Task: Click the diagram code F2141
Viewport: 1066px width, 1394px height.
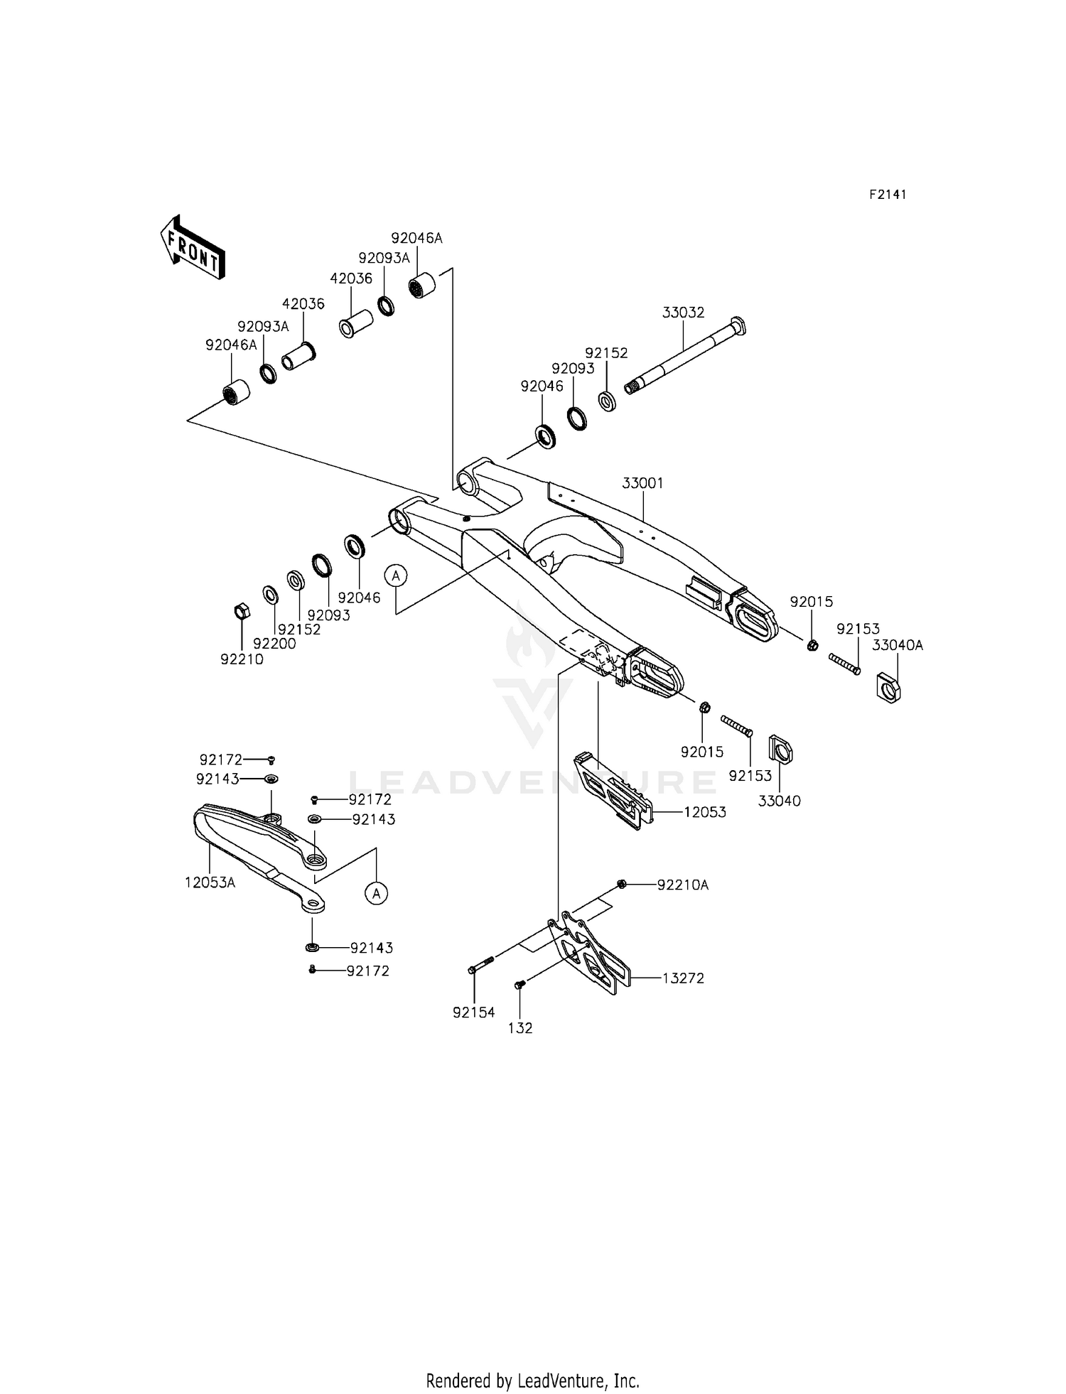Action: click(888, 195)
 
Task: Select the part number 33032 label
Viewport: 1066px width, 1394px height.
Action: click(683, 313)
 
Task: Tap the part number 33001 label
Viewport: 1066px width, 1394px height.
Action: click(642, 483)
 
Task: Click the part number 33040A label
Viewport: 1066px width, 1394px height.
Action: click(897, 645)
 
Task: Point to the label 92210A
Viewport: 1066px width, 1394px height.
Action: click(682, 885)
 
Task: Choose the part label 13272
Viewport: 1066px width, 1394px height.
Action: click(683, 978)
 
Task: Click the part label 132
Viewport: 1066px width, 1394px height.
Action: click(520, 1028)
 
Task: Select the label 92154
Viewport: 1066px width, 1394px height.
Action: click(473, 1012)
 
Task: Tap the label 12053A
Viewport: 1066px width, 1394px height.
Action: click(210, 882)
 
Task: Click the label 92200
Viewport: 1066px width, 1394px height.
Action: click(274, 644)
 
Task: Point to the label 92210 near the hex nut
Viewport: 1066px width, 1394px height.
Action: click(242, 659)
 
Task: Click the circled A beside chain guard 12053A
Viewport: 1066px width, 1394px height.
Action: click(377, 892)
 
